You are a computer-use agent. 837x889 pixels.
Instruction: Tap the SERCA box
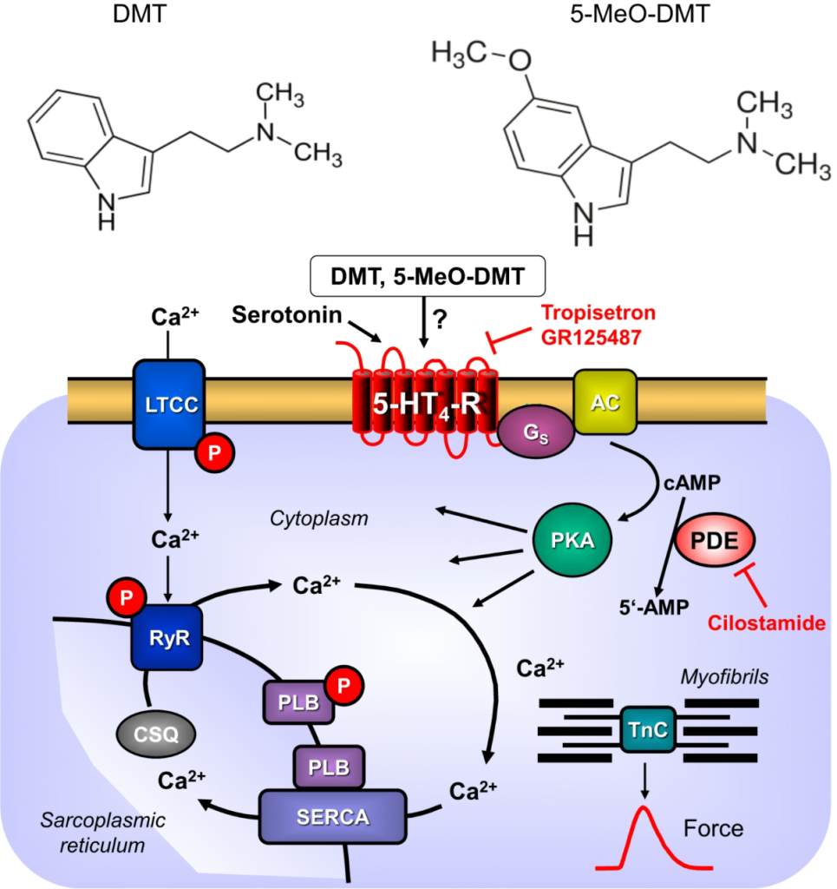click(x=333, y=815)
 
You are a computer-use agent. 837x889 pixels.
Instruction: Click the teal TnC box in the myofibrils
click(x=644, y=725)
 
